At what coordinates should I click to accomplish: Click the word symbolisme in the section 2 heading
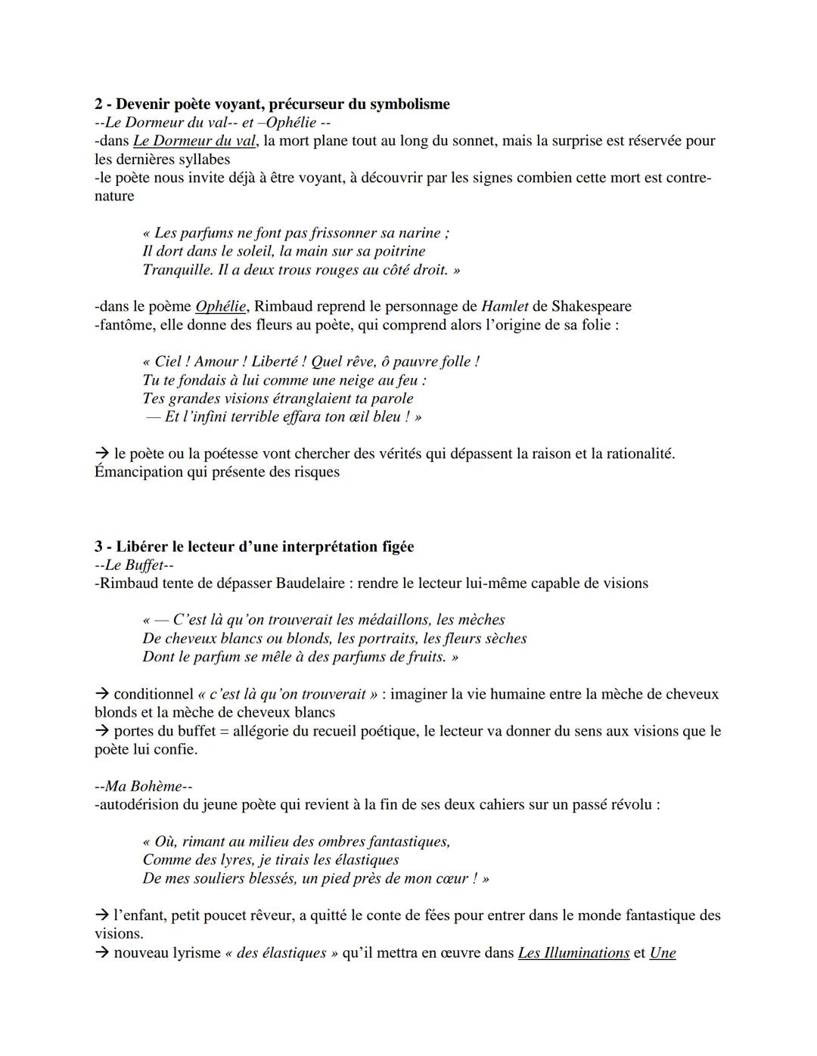coord(409,104)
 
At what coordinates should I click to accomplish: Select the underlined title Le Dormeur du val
coord(194,141)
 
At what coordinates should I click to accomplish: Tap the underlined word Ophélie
coord(220,306)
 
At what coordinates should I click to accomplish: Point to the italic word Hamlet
coord(505,306)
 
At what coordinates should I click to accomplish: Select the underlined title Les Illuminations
coord(573,952)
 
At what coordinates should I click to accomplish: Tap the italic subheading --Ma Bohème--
coord(144,786)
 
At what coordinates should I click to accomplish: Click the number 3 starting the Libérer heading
coord(98,547)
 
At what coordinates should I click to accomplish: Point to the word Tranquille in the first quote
coord(172,270)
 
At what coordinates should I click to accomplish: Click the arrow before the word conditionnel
coord(102,694)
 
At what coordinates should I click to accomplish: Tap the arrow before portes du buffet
coord(102,731)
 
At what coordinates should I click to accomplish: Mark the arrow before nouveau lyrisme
coord(102,952)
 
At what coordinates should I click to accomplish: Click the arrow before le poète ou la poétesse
coord(102,454)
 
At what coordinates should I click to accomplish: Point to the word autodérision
coord(137,804)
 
